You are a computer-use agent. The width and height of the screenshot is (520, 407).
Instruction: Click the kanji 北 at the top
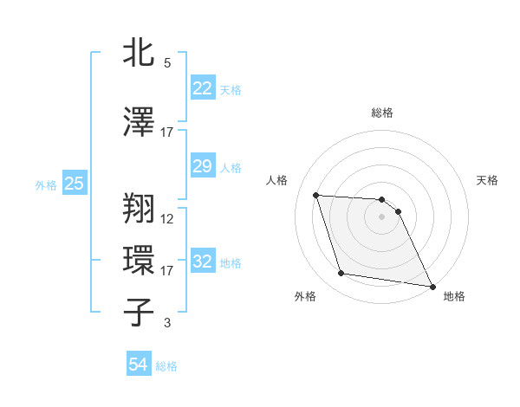coord(140,54)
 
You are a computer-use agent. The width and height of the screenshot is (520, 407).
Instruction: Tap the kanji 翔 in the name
coord(140,208)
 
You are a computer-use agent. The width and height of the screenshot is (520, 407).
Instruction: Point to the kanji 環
coord(140,260)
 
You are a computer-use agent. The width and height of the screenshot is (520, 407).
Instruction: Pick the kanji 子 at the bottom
coord(140,312)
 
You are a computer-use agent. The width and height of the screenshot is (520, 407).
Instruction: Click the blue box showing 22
coord(203,88)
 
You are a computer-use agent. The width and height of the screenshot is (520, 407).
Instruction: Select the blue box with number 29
coord(203,166)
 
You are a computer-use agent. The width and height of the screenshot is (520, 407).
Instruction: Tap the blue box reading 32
coord(203,261)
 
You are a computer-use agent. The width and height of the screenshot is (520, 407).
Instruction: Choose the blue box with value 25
coord(74,183)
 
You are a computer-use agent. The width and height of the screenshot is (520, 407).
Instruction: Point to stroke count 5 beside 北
coord(166,63)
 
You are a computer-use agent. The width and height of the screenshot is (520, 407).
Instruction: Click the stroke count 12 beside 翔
coord(167,218)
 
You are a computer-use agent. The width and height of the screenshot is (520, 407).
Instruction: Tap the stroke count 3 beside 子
coord(166,323)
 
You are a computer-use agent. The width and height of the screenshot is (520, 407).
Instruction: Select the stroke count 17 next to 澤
coord(167,132)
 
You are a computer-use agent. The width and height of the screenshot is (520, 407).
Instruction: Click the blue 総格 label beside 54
coord(166,366)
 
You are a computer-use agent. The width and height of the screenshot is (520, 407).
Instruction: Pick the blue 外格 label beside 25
coord(46,184)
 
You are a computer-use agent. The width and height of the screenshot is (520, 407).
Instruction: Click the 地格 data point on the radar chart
coord(432,286)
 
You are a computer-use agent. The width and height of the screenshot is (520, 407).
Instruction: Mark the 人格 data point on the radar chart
coord(315,195)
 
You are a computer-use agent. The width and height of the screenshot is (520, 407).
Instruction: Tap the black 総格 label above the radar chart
coord(381,113)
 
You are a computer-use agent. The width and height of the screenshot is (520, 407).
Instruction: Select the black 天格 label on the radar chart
coord(488,180)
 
